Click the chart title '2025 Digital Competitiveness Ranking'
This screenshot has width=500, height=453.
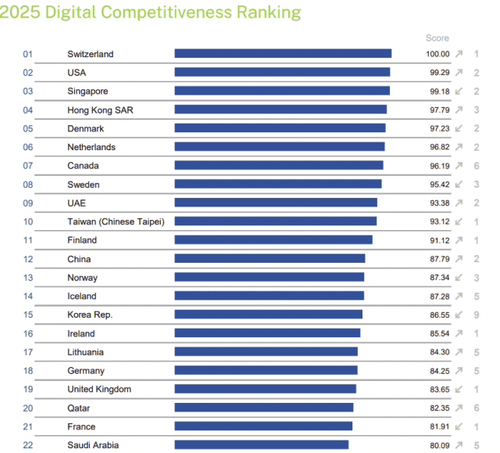click(x=150, y=12)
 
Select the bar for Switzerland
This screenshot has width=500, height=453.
click(x=283, y=54)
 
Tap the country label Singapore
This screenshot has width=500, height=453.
click(x=87, y=92)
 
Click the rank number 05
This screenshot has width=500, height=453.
click(x=28, y=129)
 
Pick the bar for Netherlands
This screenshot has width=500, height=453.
click(x=279, y=147)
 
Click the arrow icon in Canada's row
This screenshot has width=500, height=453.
click(x=459, y=166)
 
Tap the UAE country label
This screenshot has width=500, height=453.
click(x=77, y=203)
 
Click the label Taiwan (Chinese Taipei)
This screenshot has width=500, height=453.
click(x=116, y=222)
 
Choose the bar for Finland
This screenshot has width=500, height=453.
click(x=273, y=240)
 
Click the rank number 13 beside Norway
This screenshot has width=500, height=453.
click(x=28, y=278)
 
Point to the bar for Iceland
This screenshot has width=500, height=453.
click(x=269, y=297)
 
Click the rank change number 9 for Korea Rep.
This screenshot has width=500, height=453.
click(x=476, y=315)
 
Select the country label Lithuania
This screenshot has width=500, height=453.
click(x=85, y=352)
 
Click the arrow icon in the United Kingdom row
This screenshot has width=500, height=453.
click(x=459, y=390)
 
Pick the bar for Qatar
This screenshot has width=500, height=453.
click(x=264, y=408)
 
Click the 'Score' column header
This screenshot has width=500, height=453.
click(x=437, y=38)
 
